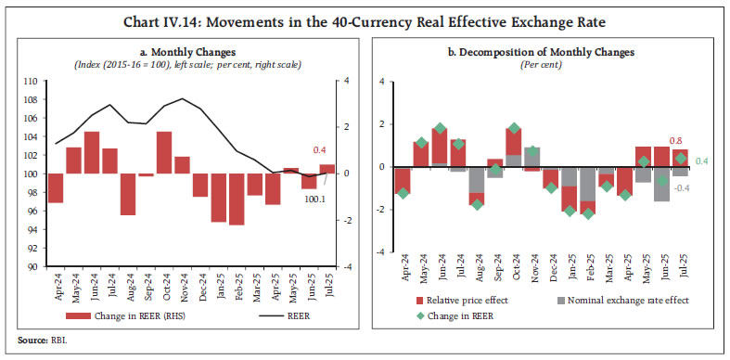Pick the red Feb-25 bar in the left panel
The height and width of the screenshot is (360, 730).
point(237,199)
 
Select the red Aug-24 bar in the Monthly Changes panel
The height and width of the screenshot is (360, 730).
point(127,194)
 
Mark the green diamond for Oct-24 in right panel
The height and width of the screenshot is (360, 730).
point(514,128)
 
